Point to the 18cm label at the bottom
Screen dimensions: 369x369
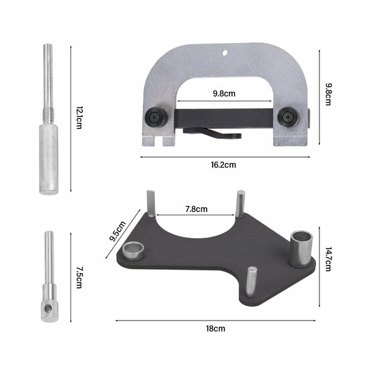[x=215, y=328]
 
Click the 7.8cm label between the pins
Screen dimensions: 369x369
[x=196, y=209]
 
